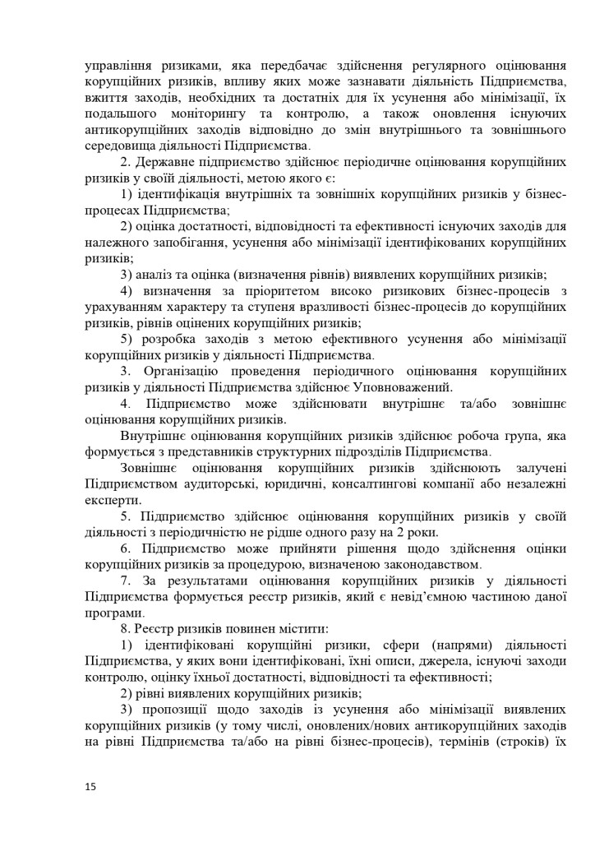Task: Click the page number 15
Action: pyautogui.click(x=90, y=787)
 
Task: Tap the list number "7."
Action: pyautogui.click(x=127, y=581)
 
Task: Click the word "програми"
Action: pyautogui.click(x=113, y=613)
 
